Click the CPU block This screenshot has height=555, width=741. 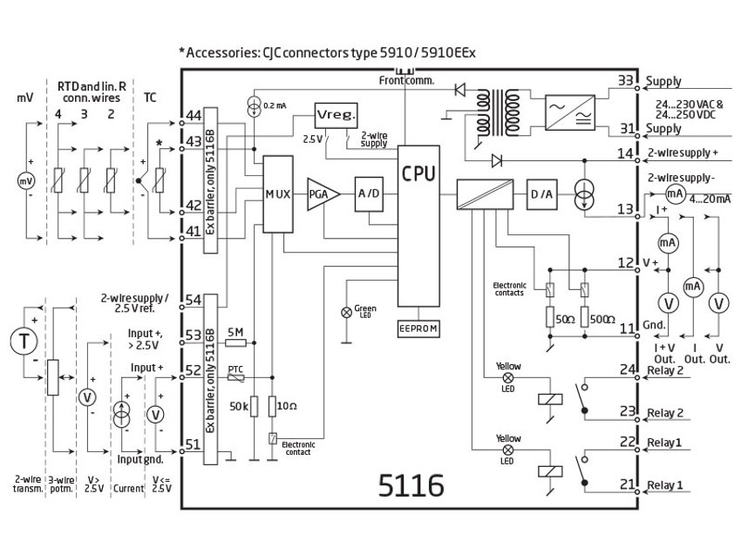(x=418, y=227)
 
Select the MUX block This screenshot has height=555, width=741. (x=278, y=193)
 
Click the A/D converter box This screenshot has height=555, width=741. (x=366, y=193)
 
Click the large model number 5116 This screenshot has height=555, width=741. (x=411, y=484)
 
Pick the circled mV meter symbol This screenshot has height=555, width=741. (x=25, y=182)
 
